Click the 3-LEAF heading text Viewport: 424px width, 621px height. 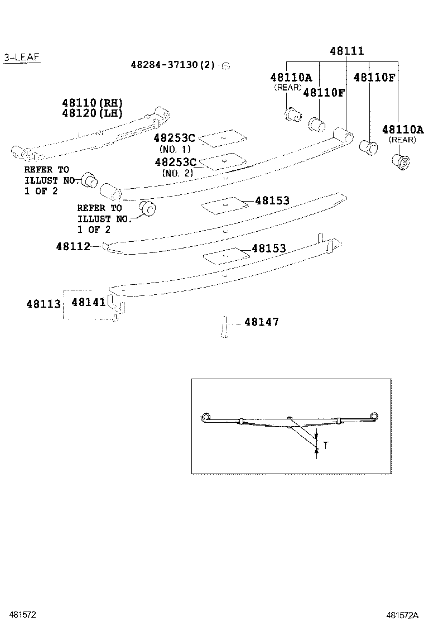(x=22, y=58)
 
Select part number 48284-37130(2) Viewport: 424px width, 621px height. (x=173, y=65)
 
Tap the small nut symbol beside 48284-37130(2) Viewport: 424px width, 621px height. (x=226, y=66)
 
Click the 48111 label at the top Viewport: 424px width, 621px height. (x=346, y=51)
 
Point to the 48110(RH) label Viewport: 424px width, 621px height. (x=92, y=103)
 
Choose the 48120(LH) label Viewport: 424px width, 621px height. (x=92, y=113)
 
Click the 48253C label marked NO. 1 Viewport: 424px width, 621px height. (x=175, y=138)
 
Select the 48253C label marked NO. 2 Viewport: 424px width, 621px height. (x=175, y=162)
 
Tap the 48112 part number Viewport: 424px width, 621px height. (x=73, y=246)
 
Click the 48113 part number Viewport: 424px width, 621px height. (x=44, y=304)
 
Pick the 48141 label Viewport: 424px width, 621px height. (x=88, y=302)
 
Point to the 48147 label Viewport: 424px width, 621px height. (x=261, y=322)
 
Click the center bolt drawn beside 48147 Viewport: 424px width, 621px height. (x=224, y=326)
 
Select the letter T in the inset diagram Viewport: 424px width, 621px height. (x=326, y=446)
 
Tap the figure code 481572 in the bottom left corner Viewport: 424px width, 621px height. (x=21, y=614)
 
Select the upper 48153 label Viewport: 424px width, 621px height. (x=272, y=200)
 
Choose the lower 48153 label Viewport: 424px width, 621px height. (x=268, y=249)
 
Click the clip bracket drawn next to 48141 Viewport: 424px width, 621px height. (x=117, y=304)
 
